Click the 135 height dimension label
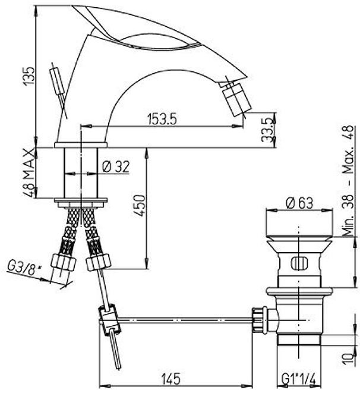pos(28,76)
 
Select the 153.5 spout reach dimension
pos(162,119)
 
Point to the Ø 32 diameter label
pos(116,166)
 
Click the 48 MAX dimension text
pos(29,173)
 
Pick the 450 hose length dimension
pos(140,205)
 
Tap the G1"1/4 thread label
pos(298,379)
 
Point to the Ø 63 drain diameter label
pos(300,203)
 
